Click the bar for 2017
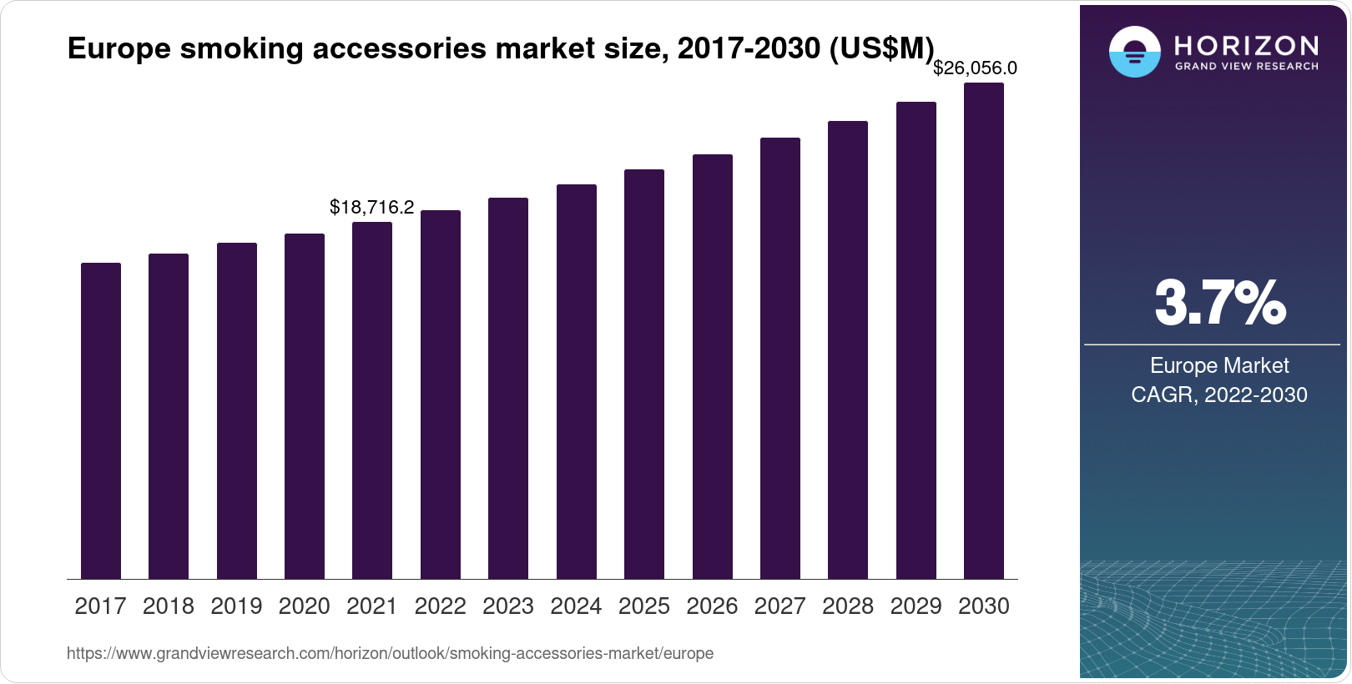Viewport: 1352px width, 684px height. (x=101, y=421)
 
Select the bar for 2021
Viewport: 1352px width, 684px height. (x=372, y=400)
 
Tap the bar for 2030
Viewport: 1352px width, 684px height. (x=984, y=331)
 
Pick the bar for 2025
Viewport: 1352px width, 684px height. (x=644, y=375)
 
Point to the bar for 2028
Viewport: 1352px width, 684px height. (x=848, y=350)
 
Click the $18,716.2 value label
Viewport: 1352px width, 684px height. (x=371, y=207)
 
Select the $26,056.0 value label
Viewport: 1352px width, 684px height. (x=975, y=68)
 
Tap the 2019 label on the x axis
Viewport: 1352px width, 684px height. (x=236, y=606)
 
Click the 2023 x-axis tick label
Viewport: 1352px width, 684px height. (x=508, y=606)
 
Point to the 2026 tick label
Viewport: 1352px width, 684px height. (x=712, y=606)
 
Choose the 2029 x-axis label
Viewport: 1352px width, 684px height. (x=916, y=606)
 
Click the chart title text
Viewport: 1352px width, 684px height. (x=501, y=49)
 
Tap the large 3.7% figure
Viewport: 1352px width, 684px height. (x=1219, y=303)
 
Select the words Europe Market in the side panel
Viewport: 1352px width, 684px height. (x=1219, y=365)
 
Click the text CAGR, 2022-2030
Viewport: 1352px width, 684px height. (x=1219, y=395)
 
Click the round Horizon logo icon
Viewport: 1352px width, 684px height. (x=1134, y=52)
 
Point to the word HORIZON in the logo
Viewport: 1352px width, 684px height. (x=1247, y=45)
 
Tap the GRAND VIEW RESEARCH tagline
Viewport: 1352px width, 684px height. (x=1247, y=66)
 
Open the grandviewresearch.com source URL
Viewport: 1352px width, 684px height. (x=390, y=653)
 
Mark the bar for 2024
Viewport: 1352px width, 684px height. (x=577, y=382)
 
